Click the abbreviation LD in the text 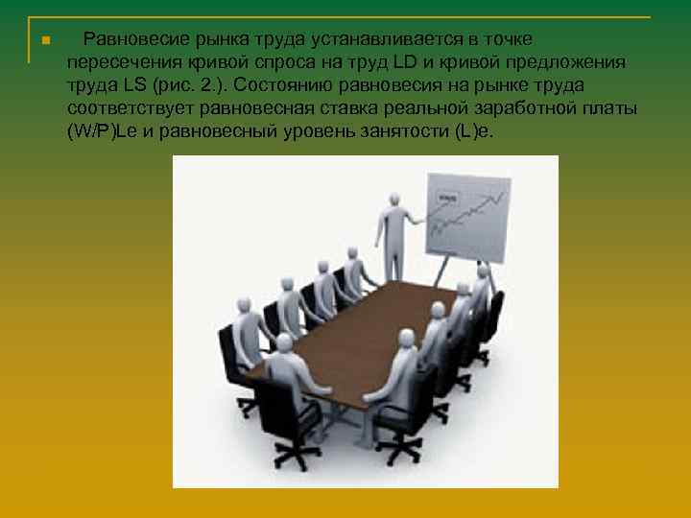pos(407,62)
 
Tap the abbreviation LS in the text pos(132,85)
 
